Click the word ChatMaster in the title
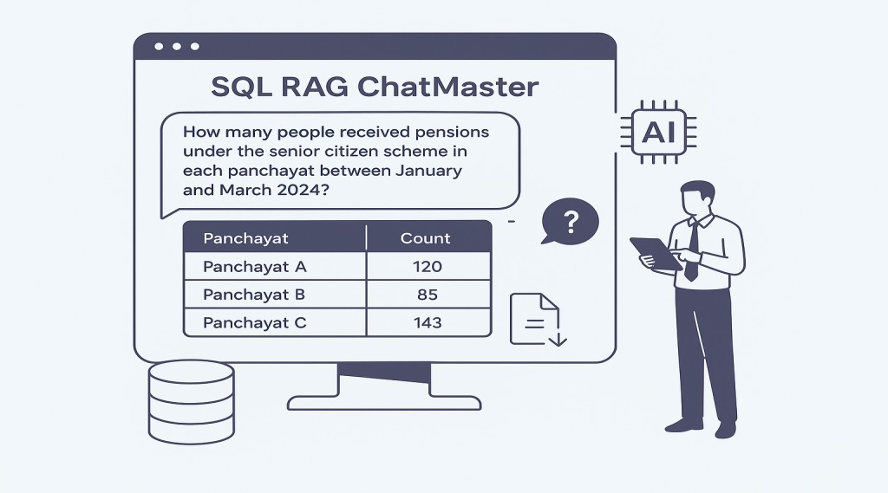(448, 87)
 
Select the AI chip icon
(659, 133)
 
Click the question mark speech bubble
(570, 221)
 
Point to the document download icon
(538, 319)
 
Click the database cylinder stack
(192, 402)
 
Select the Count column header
(425, 238)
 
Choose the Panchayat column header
(245, 238)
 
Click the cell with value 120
(428, 267)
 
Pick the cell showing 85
(428, 295)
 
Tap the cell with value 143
(428, 322)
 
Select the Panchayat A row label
(255, 267)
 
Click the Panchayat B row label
(254, 295)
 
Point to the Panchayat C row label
(255, 322)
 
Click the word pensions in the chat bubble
(452, 133)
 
